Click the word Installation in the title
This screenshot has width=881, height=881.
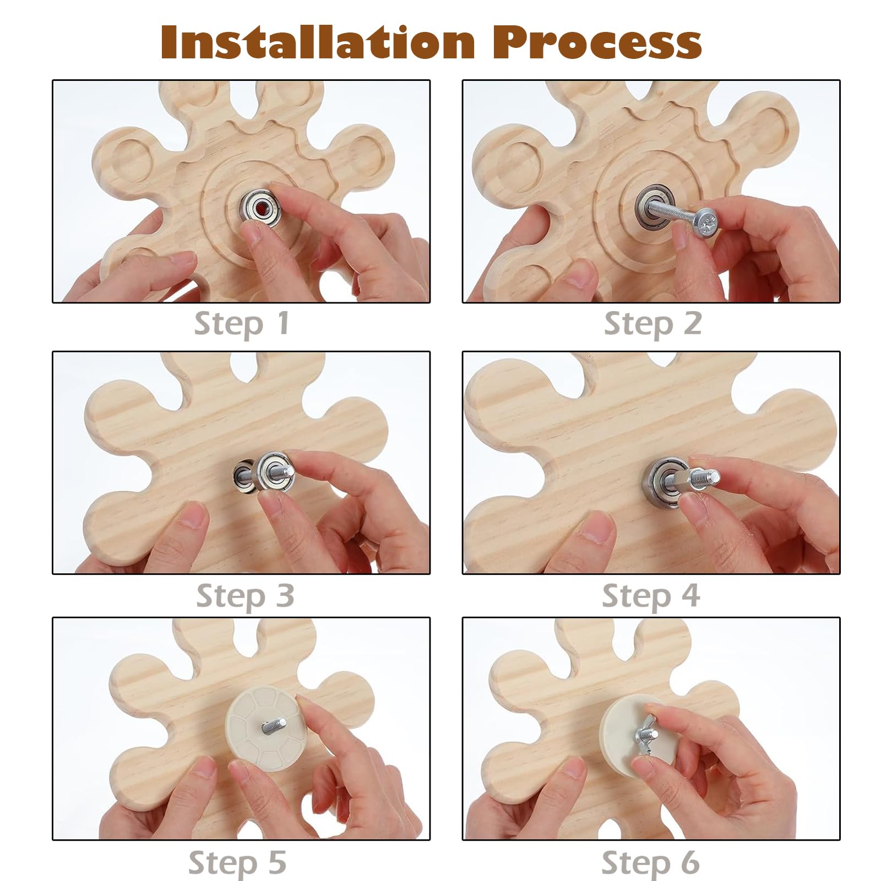click(318, 42)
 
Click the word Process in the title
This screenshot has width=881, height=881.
click(598, 42)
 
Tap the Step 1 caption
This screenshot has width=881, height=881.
click(242, 324)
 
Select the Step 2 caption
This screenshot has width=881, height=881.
click(653, 324)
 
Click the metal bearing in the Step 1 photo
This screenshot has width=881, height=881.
click(259, 209)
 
